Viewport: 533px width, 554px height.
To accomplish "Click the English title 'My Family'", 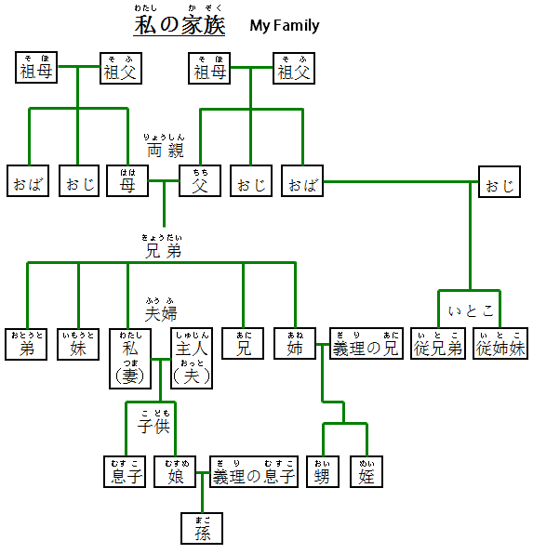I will click(284, 26).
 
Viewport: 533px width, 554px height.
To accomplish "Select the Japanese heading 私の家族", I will click(180, 25).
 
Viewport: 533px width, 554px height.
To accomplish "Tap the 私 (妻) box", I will click(128, 357).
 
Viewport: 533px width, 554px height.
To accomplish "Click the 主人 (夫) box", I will click(192, 357).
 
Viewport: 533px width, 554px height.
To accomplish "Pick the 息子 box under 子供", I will click(127, 472).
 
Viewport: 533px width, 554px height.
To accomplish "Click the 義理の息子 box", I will click(254, 472).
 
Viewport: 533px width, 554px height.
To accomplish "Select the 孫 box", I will click(202, 528).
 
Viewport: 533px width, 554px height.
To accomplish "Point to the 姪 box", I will click(366, 472).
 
